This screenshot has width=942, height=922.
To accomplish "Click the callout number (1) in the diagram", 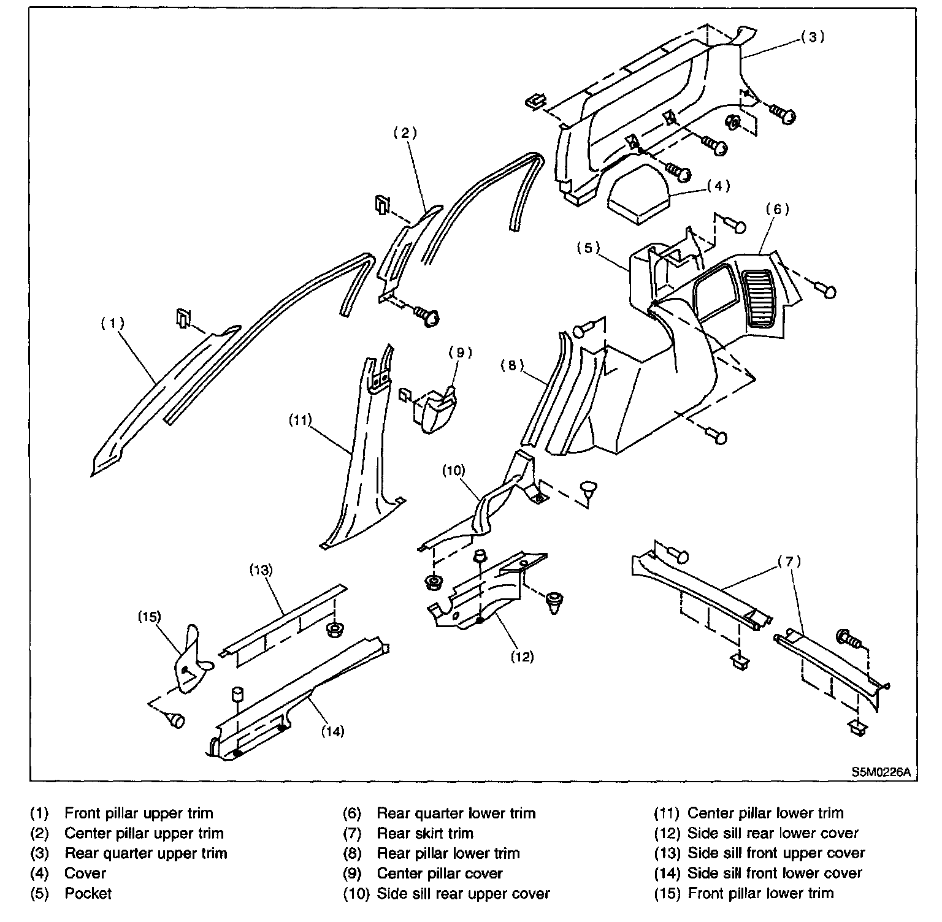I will pyautogui.click(x=113, y=323).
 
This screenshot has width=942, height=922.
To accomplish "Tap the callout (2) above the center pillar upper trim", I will pyautogui.click(x=405, y=133).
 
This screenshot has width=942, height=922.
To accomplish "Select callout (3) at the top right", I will pyautogui.click(x=813, y=37).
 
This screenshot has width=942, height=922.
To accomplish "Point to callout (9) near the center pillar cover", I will pyautogui.click(x=460, y=352).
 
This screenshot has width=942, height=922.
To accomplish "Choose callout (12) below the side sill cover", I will pyautogui.click(x=522, y=657).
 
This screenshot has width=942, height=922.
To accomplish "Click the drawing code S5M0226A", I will pyautogui.click(x=880, y=773).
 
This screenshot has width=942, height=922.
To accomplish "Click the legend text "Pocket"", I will pyautogui.click(x=88, y=893).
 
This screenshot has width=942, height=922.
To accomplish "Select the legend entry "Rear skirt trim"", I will pyautogui.click(x=425, y=833).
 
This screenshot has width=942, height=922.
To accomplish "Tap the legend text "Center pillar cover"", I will pyautogui.click(x=440, y=873).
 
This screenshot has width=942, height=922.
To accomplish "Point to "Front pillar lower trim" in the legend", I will pyautogui.click(x=760, y=893).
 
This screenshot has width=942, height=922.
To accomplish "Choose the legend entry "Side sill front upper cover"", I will pyautogui.click(x=776, y=853).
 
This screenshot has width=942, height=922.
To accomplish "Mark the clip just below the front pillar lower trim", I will pyautogui.click(x=176, y=719).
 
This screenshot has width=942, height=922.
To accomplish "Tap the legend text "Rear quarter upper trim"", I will pyautogui.click(x=146, y=853).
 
